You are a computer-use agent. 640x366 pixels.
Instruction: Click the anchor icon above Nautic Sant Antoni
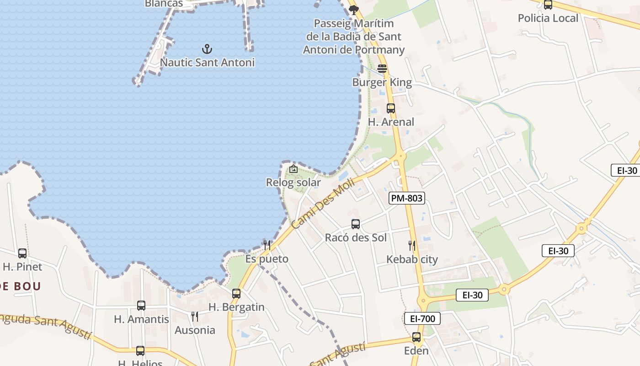click(x=207, y=48)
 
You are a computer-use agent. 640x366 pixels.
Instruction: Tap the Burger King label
click(x=382, y=83)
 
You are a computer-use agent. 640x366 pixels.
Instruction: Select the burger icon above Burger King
click(x=382, y=69)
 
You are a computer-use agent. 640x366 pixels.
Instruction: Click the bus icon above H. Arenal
click(x=391, y=108)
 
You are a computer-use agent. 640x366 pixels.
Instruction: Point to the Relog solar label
click(x=293, y=183)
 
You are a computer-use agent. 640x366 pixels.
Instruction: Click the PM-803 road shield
click(x=407, y=198)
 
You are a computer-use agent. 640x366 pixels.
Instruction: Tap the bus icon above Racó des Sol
click(x=356, y=224)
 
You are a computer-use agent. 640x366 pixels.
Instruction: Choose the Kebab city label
click(x=412, y=259)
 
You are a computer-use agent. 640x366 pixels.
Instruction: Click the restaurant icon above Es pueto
click(x=267, y=245)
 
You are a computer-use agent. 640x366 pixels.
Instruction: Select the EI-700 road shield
click(x=422, y=318)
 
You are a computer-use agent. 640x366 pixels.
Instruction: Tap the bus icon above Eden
click(x=416, y=337)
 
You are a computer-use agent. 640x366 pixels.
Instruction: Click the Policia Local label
click(x=548, y=18)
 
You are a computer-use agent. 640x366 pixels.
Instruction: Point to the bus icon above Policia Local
click(x=548, y=5)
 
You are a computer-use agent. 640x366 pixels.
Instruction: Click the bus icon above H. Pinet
click(x=22, y=253)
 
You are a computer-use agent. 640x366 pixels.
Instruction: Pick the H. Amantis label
click(x=141, y=319)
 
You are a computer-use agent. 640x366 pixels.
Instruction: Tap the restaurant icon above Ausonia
click(x=195, y=316)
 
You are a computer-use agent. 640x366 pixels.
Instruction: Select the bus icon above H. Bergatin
click(x=236, y=294)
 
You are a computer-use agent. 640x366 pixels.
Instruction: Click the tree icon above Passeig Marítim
click(x=353, y=10)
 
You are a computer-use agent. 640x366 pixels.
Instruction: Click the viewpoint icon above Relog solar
click(x=293, y=169)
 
